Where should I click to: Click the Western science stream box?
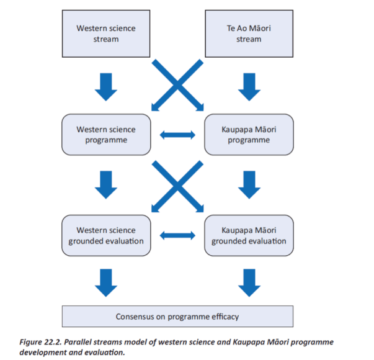point(105,34)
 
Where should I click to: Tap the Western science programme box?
point(105,134)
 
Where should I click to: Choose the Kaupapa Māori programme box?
point(248,134)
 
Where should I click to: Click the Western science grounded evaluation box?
point(105,235)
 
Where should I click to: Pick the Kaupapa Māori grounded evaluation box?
point(248,235)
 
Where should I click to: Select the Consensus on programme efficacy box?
point(177,317)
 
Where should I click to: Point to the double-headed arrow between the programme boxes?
point(177,134)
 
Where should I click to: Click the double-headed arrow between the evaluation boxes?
point(177,235)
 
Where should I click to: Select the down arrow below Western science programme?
point(105,186)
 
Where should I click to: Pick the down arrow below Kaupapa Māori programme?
point(248,186)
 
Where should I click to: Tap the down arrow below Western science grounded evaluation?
point(105,283)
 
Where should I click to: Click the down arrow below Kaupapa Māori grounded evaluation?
point(248,283)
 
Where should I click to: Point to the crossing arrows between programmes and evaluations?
point(177,184)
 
